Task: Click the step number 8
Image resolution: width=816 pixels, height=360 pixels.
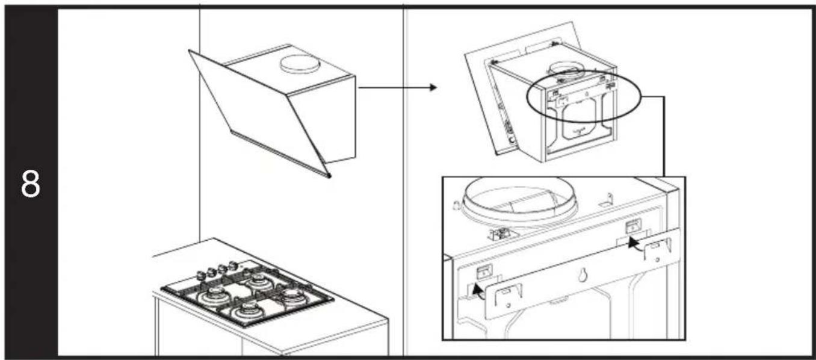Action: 30,184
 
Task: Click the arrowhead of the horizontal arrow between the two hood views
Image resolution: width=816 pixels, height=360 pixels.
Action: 433,87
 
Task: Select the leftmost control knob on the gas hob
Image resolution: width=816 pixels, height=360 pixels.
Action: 200,275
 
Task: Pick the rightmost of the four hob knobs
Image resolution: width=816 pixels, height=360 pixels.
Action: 232,265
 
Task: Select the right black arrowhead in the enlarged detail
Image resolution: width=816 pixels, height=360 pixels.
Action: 634,243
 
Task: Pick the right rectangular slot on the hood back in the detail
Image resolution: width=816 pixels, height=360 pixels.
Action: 634,226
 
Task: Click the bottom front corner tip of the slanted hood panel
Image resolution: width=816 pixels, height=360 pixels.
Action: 329,176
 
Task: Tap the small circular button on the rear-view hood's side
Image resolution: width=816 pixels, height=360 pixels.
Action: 512,140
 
